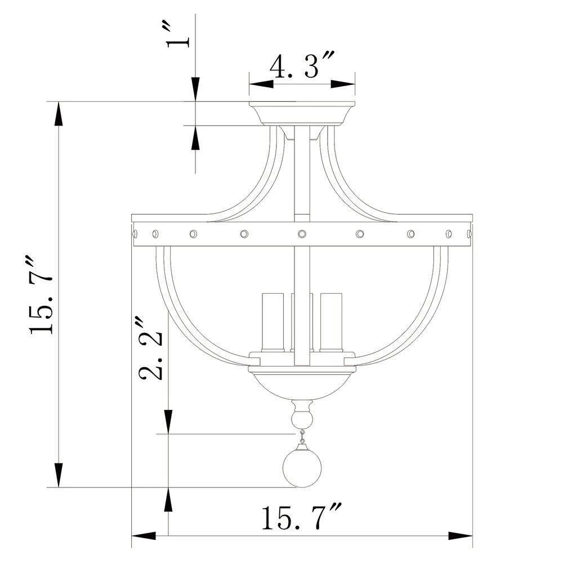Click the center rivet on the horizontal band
click(x=302, y=233)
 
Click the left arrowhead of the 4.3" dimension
click(x=261, y=84)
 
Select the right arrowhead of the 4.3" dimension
click(x=343, y=84)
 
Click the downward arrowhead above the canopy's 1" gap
click(x=195, y=90)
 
